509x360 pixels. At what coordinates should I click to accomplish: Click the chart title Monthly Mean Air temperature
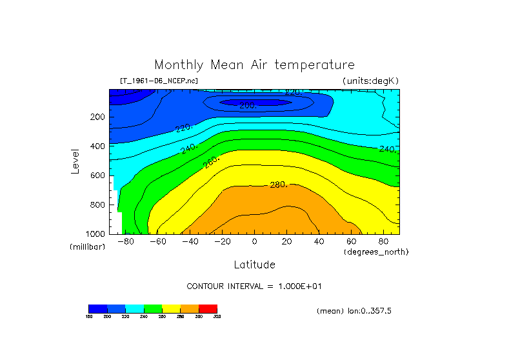point(254,65)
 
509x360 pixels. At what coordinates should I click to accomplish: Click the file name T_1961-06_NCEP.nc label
point(159,81)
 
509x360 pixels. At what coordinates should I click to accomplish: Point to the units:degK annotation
point(371,81)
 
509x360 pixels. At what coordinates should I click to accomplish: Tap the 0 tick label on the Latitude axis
point(254,241)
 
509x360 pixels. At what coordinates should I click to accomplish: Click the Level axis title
point(76,161)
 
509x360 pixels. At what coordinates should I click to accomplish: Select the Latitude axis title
point(254,265)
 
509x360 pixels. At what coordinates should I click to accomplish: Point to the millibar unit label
point(87,247)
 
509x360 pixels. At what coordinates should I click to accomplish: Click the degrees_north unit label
point(376,251)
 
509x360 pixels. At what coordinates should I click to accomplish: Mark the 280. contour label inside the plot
point(278,185)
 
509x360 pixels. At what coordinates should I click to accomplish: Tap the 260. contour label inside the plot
point(212,162)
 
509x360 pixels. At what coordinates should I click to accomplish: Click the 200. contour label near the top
point(248,105)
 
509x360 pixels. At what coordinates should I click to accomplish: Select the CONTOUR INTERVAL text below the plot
point(259,286)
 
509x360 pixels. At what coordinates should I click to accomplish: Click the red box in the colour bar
point(208,308)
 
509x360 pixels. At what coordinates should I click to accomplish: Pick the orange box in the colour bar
point(190,308)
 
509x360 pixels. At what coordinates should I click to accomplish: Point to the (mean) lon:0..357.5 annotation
point(354,311)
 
